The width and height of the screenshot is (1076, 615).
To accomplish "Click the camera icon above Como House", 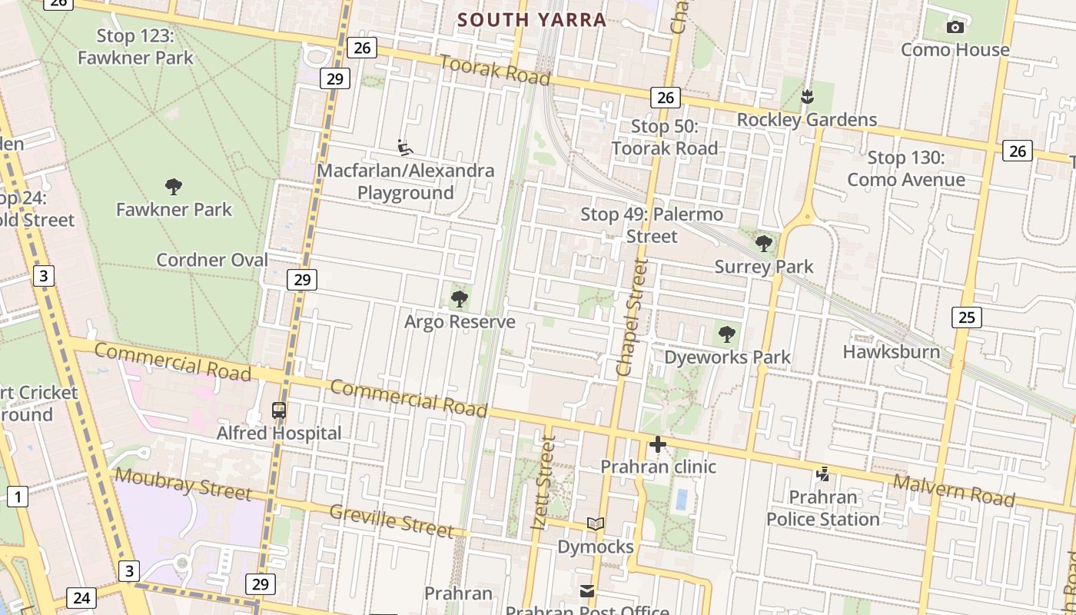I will pyautogui.click(x=955, y=28).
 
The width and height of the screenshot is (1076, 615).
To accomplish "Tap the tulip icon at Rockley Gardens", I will pyautogui.click(x=807, y=97).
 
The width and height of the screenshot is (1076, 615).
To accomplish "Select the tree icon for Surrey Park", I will pyautogui.click(x=764, y=244).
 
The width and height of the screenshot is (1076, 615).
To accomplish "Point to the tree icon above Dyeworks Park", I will pyautogui.click(x=726, y=334).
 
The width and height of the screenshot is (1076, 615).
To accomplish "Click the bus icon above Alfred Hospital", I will pyautogui.click(x=279, y=411).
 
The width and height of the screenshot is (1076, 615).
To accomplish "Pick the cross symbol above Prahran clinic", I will pyautogui.click(x=658, y=444).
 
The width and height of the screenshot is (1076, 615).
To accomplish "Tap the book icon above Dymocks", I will pyautogui.click(x=595, y=524).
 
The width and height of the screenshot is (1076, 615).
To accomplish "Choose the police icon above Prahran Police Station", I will pyautogui.click(x=822, y=474).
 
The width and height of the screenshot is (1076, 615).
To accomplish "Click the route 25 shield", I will pyautogui.click(x=967, y=317).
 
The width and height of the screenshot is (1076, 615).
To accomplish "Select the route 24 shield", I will pyautogui.click(x=81, y=597).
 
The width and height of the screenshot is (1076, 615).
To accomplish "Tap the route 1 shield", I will pyautogui.click(x=18, y=497).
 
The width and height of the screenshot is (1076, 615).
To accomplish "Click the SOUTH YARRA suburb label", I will pyautogui.click(x=532, y=20).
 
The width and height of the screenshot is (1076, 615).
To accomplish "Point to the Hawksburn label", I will pyautogui.click(x=891, y=352).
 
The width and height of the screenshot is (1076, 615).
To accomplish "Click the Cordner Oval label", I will pyautogui.click(x=212, y=260).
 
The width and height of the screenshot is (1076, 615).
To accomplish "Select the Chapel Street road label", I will pyautogui.click(x=633, y=317).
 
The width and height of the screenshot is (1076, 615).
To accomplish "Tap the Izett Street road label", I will pyautogui.click(x=543, y=483).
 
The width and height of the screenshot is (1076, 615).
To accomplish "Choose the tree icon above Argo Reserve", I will pyautogui.click(x=460, y=298).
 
